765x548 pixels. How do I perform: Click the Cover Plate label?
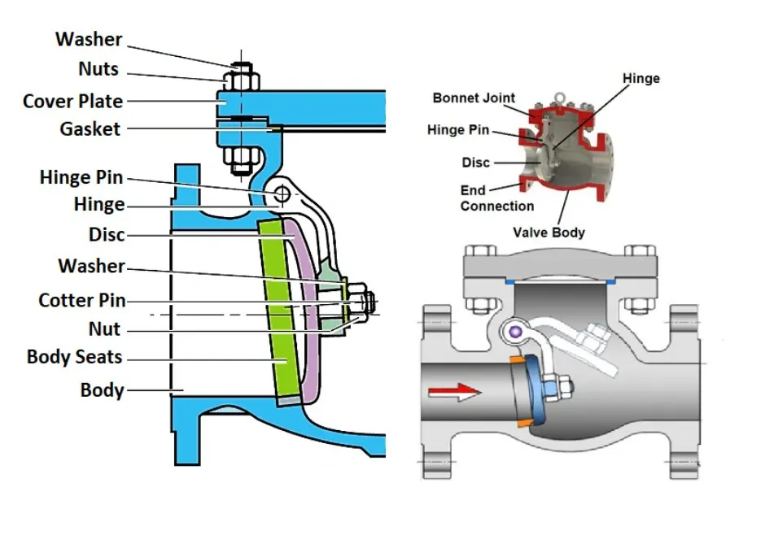point(72,102)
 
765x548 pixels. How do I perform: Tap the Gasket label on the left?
point(90,128)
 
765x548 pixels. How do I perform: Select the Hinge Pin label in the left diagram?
point(82,177)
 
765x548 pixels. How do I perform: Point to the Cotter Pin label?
point(81,300)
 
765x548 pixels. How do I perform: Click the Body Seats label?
point(74,356)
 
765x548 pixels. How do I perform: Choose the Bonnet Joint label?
point(474,98)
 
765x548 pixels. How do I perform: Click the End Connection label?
point(496,198)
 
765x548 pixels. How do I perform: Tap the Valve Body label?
point(549,232)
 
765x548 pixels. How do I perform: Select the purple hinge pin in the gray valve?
point(514,330)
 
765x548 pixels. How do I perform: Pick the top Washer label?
point(89,39)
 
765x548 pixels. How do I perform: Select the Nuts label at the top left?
point(98,69)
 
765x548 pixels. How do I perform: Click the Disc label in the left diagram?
point(107,235)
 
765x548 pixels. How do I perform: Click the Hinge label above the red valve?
point(640,78)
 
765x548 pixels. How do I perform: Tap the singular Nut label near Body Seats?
point(104,329)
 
